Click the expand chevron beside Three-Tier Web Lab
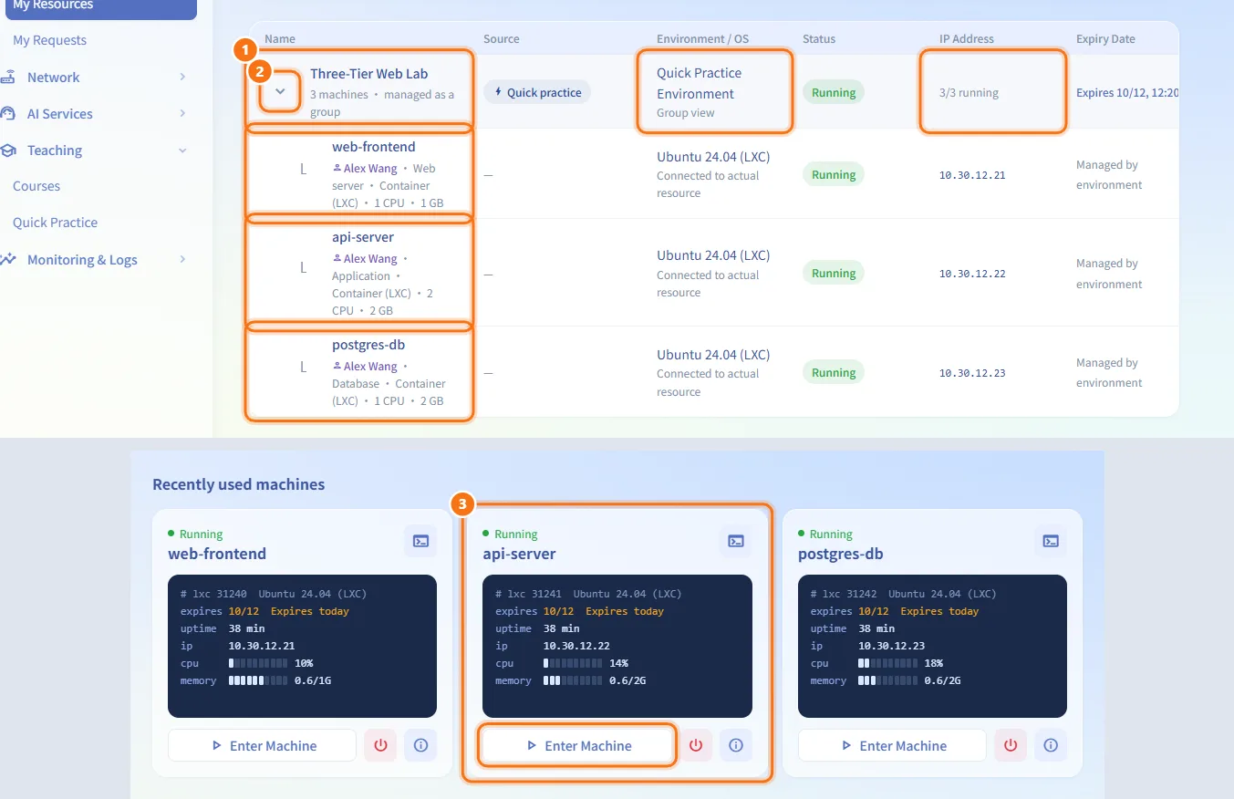280,91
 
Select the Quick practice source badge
537,92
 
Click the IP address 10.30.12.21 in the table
971,175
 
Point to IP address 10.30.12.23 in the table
971,373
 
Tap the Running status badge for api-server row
833,274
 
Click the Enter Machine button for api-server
577,745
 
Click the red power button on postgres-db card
1011,745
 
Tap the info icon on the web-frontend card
420,745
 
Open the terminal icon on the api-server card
735,541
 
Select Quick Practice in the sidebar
55,223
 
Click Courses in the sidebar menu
36,186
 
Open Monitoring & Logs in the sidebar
82,260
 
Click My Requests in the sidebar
49,40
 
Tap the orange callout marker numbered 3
462,503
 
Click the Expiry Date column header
1105,39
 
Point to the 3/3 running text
969,92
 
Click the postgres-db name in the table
368,345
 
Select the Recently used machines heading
239,484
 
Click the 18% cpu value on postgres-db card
933,663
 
